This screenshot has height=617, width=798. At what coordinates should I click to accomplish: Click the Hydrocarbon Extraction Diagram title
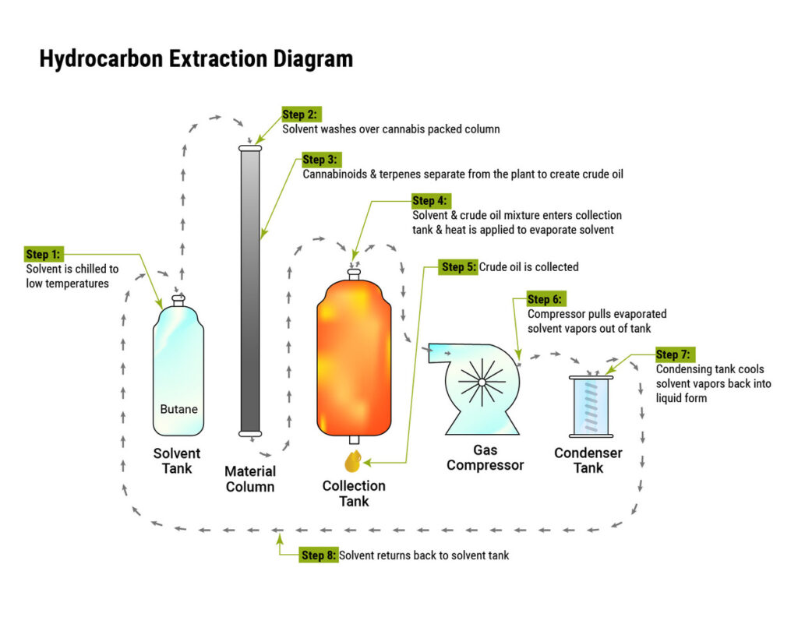(x=196, y=59)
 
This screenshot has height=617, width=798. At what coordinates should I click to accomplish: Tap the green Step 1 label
(x=43, y=254)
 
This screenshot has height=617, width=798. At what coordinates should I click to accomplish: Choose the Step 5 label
(x=458, y=267)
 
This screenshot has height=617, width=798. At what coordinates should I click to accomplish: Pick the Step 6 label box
(x=545, y=299)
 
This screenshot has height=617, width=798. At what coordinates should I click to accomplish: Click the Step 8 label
(x=319, y=555)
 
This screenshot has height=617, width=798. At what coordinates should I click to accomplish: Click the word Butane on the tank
(x=178, y=409)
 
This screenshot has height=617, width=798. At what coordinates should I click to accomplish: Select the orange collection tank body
(x=353, y=358)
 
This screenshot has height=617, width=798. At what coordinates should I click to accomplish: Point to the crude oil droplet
(x=352, y=461)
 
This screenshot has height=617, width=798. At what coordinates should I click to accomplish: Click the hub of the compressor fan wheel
(x=482, y=383)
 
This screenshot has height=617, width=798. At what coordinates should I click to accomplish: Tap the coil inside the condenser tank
(x=592, y=404)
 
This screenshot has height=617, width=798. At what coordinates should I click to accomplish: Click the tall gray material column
(x=250, y=292)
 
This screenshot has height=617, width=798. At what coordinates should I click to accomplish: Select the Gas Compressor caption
(x=485, y=458)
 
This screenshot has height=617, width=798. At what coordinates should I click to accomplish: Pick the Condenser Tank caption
(x=588, y=460)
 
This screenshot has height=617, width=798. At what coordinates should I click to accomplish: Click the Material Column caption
(x=250, y=479)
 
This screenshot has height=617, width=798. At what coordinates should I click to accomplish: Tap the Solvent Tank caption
(x=177, y=460)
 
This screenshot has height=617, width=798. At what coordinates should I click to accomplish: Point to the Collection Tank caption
(x=354, y=493)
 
